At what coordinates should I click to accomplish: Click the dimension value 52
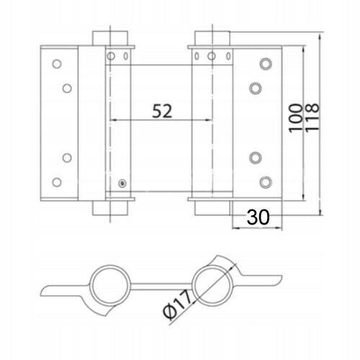coord(162,111)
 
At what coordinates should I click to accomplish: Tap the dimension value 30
coord(258,217)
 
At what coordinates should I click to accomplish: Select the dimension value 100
coord(296,118)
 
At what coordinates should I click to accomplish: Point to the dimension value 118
coord(312,117)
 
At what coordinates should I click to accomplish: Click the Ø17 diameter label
coord(177,304)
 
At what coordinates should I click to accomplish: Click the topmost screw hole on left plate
coord(57,64)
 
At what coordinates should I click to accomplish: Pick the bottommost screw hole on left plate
coord(57,182)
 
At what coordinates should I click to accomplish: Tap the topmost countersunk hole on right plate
coord(266,64)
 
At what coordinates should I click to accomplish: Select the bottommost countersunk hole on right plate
coord(266,182)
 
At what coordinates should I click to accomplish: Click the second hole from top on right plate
coord(256,89)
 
